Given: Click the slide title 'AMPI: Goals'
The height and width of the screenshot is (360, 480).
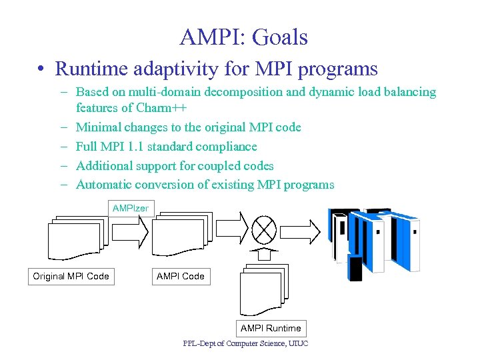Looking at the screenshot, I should [243, 37].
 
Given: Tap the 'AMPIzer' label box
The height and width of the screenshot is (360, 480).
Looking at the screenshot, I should [131, 209].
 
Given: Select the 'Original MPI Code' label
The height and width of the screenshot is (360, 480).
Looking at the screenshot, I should [71, 276].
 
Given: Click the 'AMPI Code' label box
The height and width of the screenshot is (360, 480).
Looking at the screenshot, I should [180, 276].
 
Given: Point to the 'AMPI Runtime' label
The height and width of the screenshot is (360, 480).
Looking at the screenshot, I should [271, 328].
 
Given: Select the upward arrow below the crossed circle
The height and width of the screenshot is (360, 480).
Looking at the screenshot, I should [265, 254].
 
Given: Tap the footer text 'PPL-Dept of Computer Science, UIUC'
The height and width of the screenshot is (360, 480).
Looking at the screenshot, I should [245, 344].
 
